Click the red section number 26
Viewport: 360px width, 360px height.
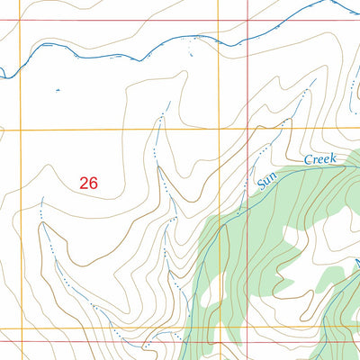[x=88, y=182]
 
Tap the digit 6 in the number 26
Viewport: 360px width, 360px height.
[x=93, y=182]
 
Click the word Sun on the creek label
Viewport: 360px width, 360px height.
[x=265, y=179]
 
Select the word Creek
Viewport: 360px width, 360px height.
[x=319, y=159]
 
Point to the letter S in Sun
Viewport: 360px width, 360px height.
[x=261, y=185]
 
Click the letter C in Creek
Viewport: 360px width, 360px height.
[x=307, y=162]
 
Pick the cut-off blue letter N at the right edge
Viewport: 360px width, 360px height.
[x=356, y=263]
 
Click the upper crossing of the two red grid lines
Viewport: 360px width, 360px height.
[x=248, y=20]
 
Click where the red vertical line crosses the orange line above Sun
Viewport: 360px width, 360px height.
[x=248, y=129]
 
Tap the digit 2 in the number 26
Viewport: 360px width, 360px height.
[x=84, y=182]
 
